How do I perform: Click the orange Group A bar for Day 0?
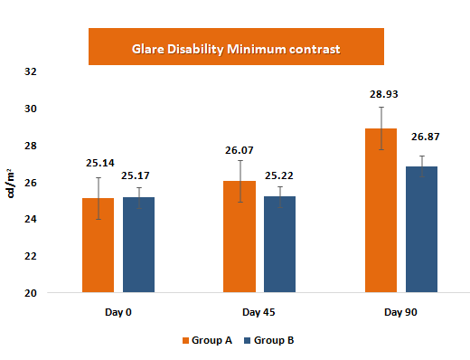pyautogui.click(x=99, y=246)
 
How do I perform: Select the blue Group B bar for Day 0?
pyautogui.click(x=139, y=245)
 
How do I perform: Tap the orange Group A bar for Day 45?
pyautogui.click(x=240, y=237)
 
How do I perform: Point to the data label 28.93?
pyautogui.click(x=381, y=94)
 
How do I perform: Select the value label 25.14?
pyautogui.click(x=99, y=164)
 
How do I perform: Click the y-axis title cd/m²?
pyautogui.click(x=11, y=183)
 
